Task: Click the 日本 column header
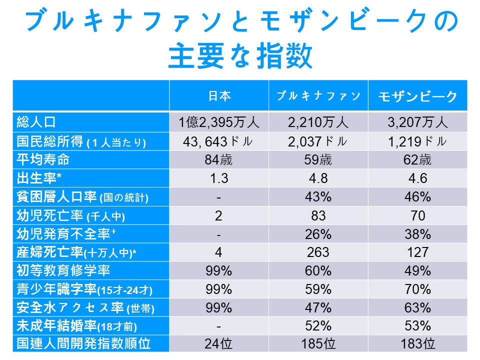coord(219,96)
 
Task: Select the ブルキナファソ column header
coord(318,96)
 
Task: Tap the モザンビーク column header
coord(417,96)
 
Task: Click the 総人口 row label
coord(35,121)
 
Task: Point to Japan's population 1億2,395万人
coord(218,122)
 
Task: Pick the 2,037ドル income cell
coord(318,141)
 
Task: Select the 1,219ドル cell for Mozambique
coord(417,141)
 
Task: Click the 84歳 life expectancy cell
coord(218,160)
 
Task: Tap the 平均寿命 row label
coord(43,160)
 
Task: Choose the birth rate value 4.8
coord(318,178)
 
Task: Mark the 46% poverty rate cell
coord(417,197)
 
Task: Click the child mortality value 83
coord(318,215)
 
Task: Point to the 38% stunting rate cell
coord(417,234)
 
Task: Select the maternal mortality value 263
coord(318,252)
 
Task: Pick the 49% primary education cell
coord(417,270)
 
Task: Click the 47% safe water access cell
coord(318,307)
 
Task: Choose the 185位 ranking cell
coord(318,344)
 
